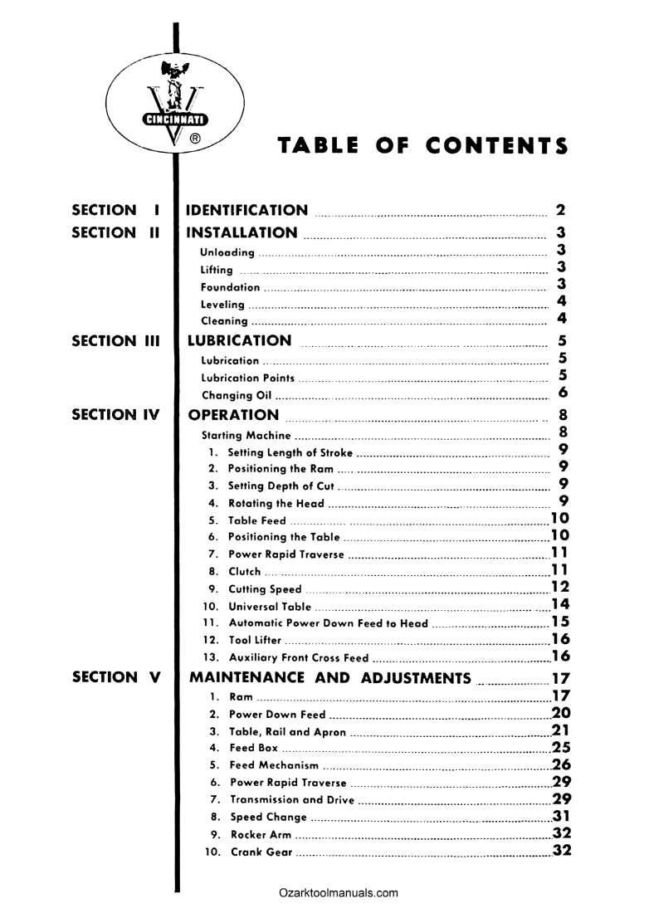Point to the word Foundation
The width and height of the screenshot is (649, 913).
pos(231,287)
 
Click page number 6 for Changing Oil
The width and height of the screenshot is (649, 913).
pos(563,393)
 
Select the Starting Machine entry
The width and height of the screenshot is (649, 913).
pos(246,435)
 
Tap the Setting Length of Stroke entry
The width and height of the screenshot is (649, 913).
pos(290,452)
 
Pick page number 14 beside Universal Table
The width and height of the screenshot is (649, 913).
pos(559,604)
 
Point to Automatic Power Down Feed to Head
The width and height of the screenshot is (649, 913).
pos(328,624)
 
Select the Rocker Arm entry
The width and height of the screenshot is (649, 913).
pos(260,834)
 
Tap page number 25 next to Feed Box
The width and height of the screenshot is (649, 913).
pos(561,747)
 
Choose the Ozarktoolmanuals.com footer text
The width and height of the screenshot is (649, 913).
pos(339,893)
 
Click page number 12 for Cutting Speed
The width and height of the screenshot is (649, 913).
pos(559,587)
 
